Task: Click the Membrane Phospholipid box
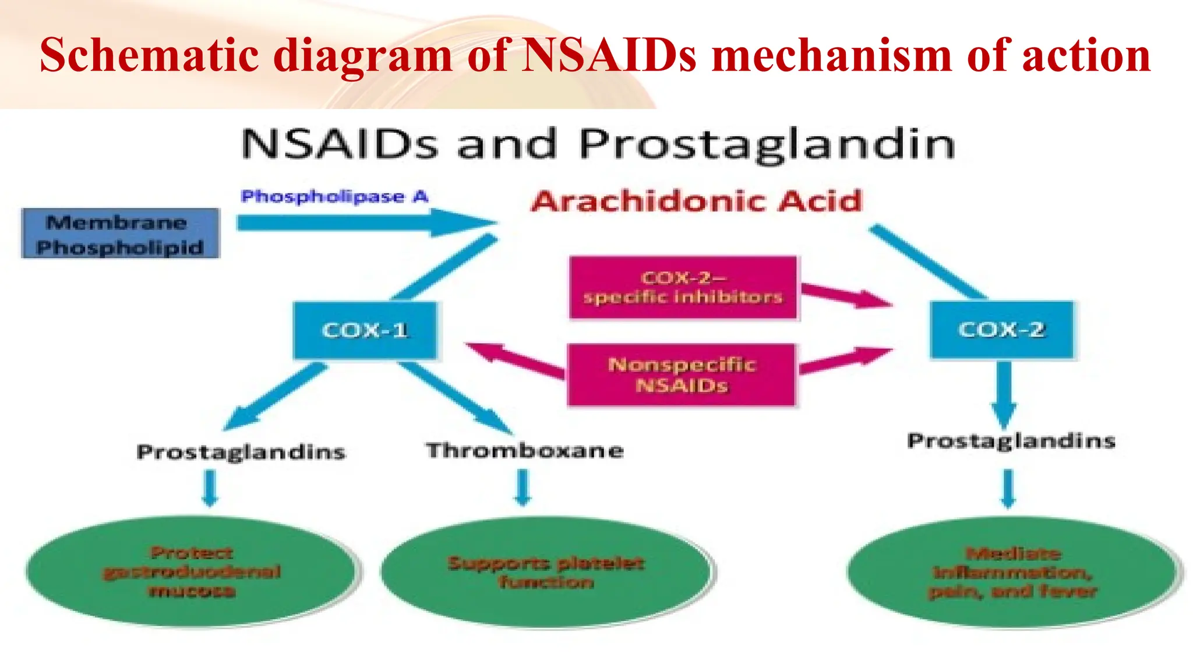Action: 120,234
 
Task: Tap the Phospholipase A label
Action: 334,197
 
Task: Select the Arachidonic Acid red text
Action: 696,202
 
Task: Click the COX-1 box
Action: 365,330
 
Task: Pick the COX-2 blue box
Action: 1001,330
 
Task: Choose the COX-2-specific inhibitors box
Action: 683,288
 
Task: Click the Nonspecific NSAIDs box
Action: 682,375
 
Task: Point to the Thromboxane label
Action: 525,451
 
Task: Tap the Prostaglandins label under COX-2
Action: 1011,441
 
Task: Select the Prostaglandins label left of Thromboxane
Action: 241,453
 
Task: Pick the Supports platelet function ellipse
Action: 546,572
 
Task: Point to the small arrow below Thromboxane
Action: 523,487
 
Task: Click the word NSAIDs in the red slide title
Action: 609,55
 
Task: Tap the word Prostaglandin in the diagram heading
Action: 767,144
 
